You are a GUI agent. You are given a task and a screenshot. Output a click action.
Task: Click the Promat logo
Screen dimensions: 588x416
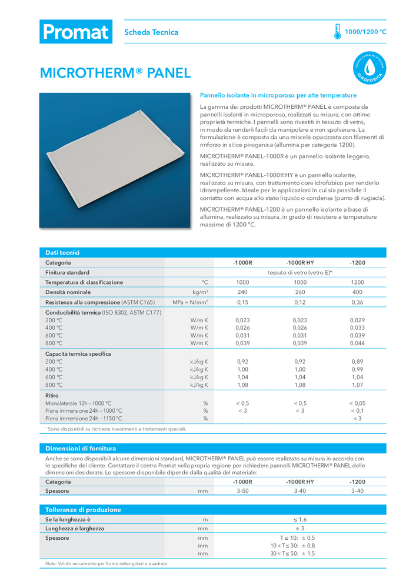click(x=75, y=32)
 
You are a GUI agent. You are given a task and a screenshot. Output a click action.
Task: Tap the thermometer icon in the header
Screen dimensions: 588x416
click(x=337, y=32)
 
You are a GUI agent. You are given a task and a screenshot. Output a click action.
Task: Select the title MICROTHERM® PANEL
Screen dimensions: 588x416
click(x=115, y=73)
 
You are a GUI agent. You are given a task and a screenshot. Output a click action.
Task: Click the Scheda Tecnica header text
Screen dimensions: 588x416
click(x=151, y=32)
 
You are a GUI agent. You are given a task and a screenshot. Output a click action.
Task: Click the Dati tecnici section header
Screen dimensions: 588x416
click(x=62, y=252)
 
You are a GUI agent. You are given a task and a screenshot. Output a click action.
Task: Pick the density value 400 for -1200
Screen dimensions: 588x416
click(x=357, y=292)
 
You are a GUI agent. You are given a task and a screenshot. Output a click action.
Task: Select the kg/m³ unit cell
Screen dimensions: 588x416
click(x=201, y=292)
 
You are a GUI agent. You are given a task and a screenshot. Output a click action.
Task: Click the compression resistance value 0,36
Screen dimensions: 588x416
click(x=357, y=302)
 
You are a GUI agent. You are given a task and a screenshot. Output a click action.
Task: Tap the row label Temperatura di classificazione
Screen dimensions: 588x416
click(x=84, y=282)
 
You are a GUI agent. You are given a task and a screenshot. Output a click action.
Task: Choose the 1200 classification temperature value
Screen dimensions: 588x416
click(x=357, y=282)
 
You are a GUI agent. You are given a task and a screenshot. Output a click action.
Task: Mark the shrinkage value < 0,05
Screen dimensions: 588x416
click(x=357, y=403)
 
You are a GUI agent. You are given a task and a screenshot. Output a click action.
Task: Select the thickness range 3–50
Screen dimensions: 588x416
click(x=242, y=490)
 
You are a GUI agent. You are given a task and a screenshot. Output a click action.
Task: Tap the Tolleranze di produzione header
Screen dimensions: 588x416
click(x=83, y=510)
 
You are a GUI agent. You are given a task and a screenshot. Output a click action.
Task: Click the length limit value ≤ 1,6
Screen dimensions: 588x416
click(x=300, y=520)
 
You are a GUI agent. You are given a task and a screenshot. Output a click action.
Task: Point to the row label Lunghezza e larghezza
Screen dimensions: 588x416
click(x=75, y=529)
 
